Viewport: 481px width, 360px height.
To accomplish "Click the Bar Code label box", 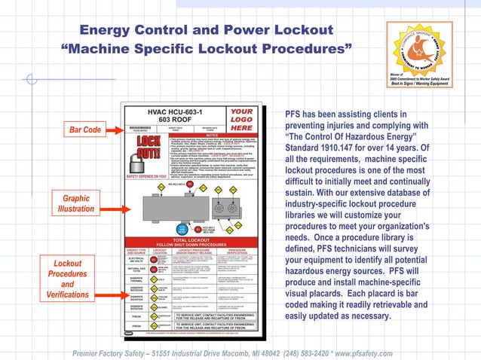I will click(85, 130).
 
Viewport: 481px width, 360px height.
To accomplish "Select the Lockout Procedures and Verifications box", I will click(67, 280).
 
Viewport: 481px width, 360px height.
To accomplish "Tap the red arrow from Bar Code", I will click(116, 130).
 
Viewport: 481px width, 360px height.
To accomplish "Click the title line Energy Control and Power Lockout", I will click(206, 30).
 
